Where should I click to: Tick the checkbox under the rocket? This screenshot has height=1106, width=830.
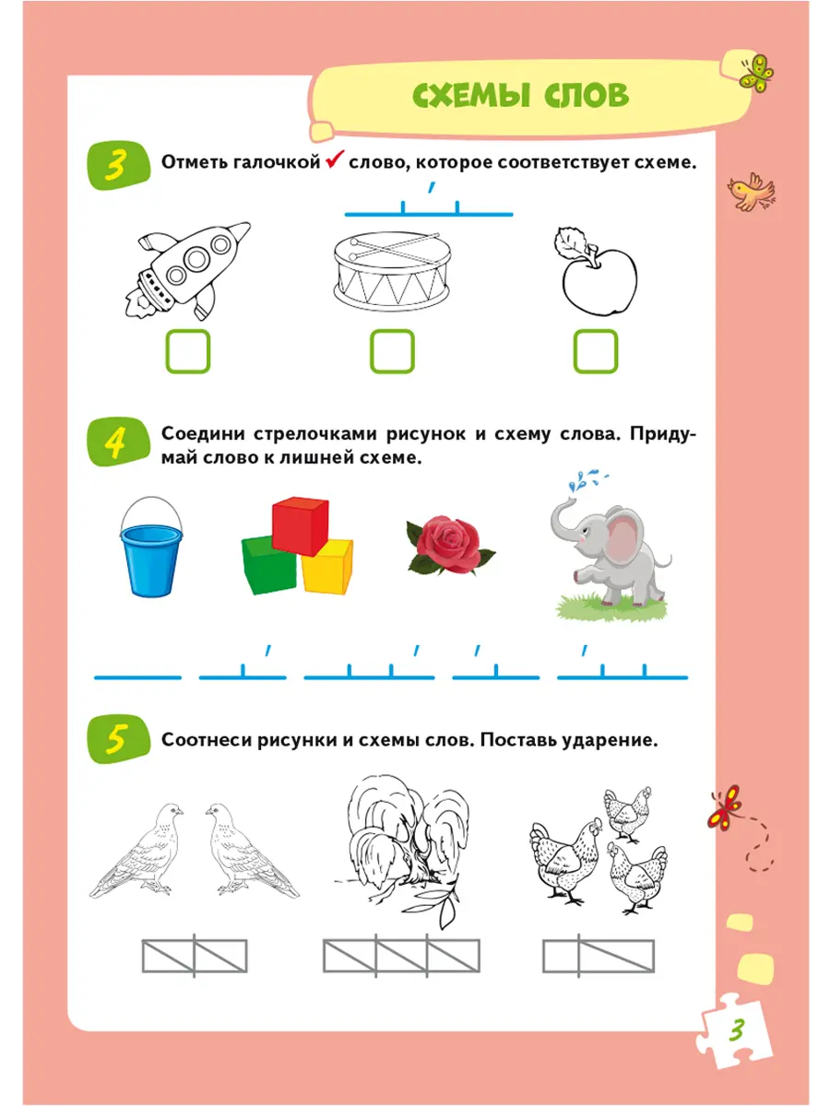coord(187,351)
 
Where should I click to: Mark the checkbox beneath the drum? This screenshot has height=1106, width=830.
coord(392,351)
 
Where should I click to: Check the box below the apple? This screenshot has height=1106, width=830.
coord(595,351)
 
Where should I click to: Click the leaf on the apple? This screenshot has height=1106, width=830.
coord(571,242)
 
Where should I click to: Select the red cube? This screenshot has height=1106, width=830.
coord(301,526)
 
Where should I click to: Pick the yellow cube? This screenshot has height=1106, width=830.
coord(327,565)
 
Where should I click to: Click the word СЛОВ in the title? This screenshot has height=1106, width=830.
coord(586,94)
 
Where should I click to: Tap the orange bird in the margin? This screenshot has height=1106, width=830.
coord(751,192)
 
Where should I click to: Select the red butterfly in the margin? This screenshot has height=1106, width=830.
coord(725,806)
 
